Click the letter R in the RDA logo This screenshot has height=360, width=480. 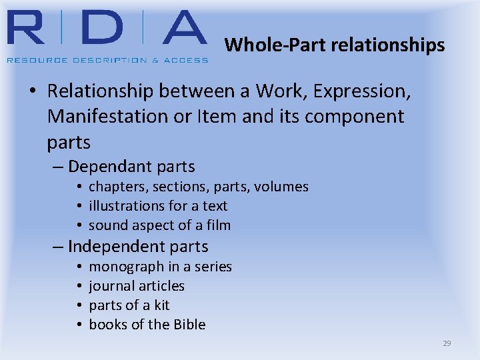click(29, 30)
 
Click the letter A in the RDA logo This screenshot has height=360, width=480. click(175, 30)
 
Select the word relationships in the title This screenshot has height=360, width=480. click(387, 45)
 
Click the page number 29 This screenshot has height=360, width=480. click(447, 343)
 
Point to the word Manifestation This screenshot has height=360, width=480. click(109, 117)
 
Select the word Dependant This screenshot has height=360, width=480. click(108, 167)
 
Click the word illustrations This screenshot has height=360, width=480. click(123, 206)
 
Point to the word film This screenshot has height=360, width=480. click(217, 225)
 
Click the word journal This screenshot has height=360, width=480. click(110, 286)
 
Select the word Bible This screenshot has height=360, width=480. click(189, 325)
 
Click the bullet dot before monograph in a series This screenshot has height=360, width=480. click(79, 267)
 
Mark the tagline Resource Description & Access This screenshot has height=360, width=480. click(107, 60)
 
